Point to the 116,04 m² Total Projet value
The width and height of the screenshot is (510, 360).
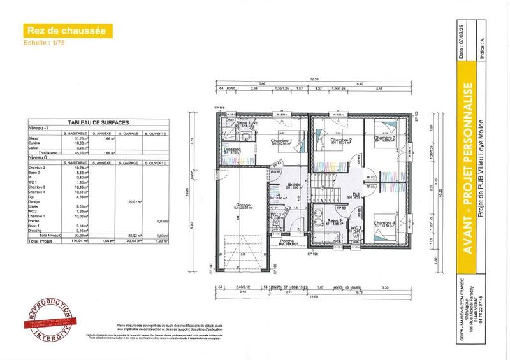click(66, 242)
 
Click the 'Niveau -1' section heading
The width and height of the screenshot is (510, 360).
click(40, 127)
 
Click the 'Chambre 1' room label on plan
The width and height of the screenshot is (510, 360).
click(281, 141)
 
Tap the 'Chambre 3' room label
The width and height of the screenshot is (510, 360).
click(385, 138)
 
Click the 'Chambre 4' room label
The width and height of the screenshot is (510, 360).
click(385, 223)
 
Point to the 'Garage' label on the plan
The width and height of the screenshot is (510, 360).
click(241, 205)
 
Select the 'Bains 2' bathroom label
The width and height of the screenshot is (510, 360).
click(335, 221)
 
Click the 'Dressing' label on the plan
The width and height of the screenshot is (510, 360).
click(232, 150)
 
